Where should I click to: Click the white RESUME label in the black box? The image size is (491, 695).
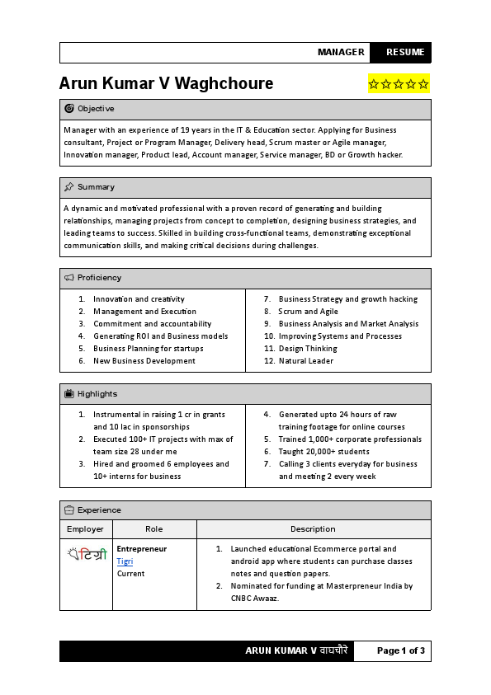click(x=404, y=52)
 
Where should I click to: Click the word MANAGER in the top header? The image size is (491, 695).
click(x=341, y=52)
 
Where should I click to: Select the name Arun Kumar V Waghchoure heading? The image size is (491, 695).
click(x=166, y=84)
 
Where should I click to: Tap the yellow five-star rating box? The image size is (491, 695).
click(x=399, y=84)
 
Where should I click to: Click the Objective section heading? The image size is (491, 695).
click(x=96, y=109)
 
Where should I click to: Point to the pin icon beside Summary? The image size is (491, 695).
click(x=69, y=187)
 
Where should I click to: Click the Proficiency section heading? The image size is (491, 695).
click(x=99, y=278)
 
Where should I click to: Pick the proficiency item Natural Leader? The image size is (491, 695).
click(x=306, y=361)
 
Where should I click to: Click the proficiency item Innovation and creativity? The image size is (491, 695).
click(x=139, y=299)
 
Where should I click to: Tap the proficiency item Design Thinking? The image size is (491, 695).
click(x=308, y=349)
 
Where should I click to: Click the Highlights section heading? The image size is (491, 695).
click(x=97, y=394)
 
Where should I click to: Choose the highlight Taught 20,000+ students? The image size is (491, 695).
click(x=323, y=452)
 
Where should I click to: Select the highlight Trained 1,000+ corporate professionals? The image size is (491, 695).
click(x=350, y=439)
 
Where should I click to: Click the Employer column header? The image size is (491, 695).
click(x=86, y=529)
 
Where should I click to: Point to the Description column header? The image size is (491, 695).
click(x=313, y=529)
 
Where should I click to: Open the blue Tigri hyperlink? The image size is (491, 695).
click(x=125, y=561)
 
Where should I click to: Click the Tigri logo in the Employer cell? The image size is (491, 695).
click(x=87, y=555)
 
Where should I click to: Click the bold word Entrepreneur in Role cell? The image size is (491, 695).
click(x=141, y=549)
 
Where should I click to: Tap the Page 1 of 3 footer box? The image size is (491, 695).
click(x=400, y=650)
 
